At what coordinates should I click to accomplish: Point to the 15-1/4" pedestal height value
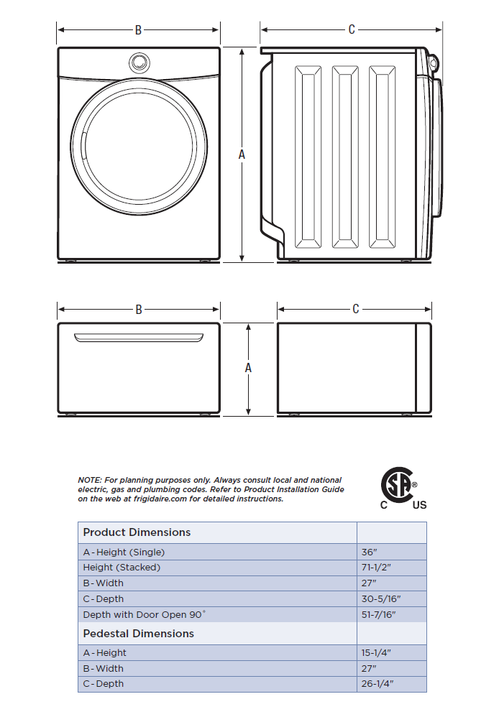point(376,653)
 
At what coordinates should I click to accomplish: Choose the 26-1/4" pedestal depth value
point(376,684)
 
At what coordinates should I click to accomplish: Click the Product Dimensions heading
point(137,532)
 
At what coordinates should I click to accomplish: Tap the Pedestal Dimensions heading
point(138,634)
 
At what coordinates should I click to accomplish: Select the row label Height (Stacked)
point(122,568)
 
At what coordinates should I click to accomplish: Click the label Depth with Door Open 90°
point(144,615)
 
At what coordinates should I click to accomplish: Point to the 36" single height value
point(368,552)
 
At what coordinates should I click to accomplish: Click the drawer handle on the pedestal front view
point(138,336)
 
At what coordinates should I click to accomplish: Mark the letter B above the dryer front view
point(138,30)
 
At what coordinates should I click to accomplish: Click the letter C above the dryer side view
point(352,29)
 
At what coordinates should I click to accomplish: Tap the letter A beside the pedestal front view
point(248,367)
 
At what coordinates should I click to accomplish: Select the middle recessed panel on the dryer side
point(344,157)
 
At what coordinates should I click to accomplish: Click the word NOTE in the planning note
point(88,480)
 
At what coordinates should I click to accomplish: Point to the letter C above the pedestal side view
point(355,310)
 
